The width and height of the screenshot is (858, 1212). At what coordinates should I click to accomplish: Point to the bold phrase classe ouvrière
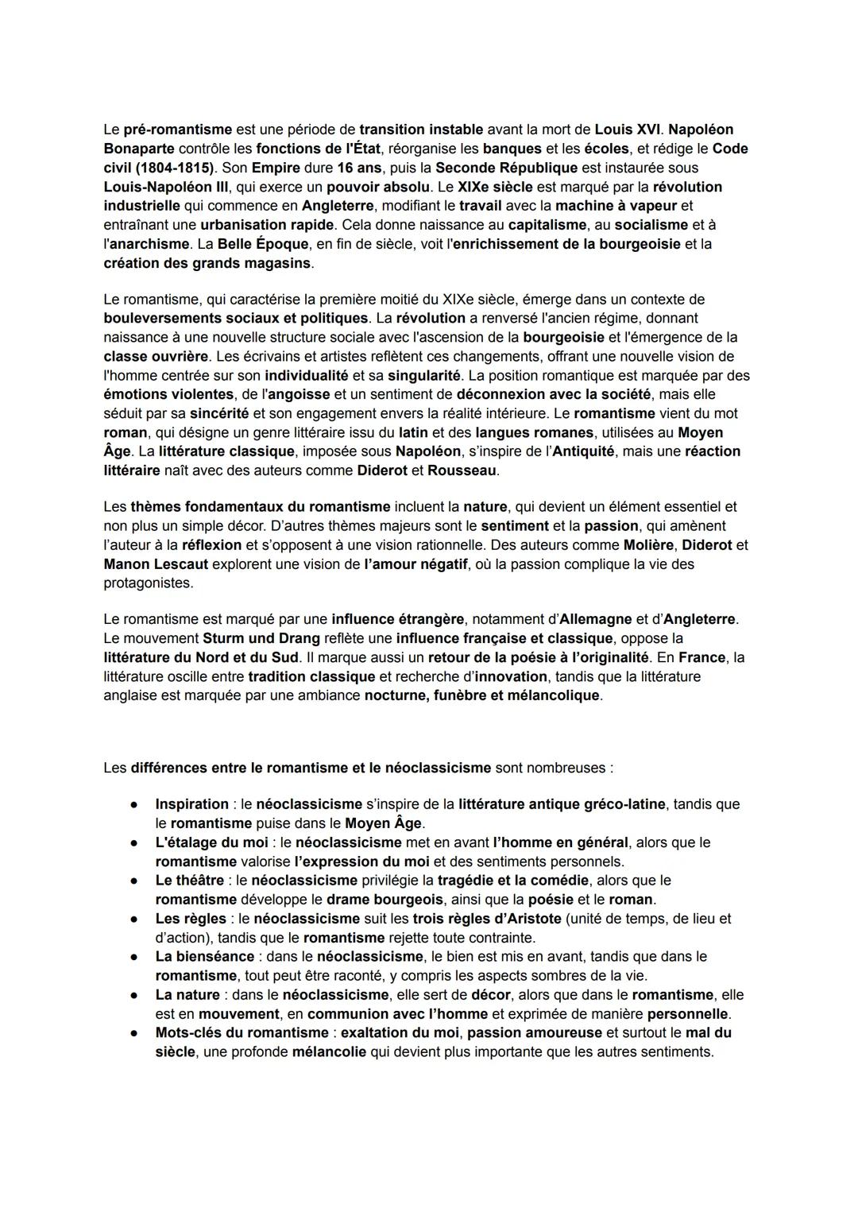pos(156,356)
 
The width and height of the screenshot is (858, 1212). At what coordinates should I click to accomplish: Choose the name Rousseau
pos(462,470)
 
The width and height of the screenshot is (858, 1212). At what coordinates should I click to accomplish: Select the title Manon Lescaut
pos(156,564)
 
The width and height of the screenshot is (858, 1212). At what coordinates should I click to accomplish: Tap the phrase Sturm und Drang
pos(261,638)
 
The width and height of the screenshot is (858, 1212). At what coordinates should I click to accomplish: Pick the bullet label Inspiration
pos(191,804)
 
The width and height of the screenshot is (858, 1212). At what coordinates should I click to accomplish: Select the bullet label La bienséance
pos(204,957)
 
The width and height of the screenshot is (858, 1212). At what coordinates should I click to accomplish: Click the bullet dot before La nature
pos(136,995)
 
